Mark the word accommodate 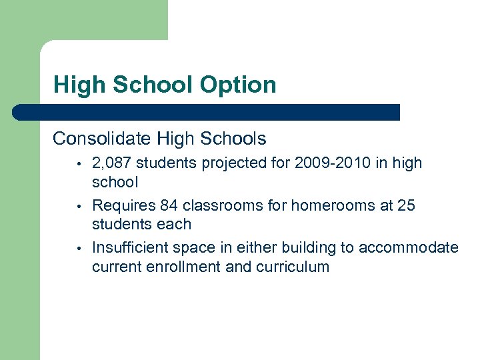click(409, 248)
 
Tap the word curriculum click(295, 267)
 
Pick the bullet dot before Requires click(78, 206)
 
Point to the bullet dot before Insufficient click(78, 249)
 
